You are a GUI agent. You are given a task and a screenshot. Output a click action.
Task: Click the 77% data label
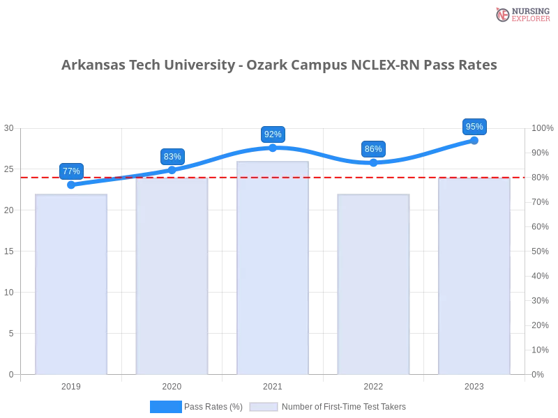(71, 171)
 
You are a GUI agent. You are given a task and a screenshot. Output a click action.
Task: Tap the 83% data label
(172, 157)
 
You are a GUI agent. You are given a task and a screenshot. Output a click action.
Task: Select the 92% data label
(273, 134)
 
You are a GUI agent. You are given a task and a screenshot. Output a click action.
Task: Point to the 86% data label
(373, 149)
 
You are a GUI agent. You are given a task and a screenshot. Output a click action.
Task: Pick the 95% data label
(474, 127)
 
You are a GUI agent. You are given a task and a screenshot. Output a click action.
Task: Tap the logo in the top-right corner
(521, 15)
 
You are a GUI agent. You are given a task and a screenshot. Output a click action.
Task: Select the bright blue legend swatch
(166, 406)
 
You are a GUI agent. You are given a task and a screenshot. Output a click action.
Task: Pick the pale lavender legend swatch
(264, 406)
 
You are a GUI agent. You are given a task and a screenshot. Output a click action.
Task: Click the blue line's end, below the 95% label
(474, 140)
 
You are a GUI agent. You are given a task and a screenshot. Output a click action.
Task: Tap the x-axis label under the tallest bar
(273, 385)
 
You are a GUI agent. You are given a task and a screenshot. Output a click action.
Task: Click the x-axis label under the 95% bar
(474, 385)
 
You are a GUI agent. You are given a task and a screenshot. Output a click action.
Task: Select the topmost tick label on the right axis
(541, 128)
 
